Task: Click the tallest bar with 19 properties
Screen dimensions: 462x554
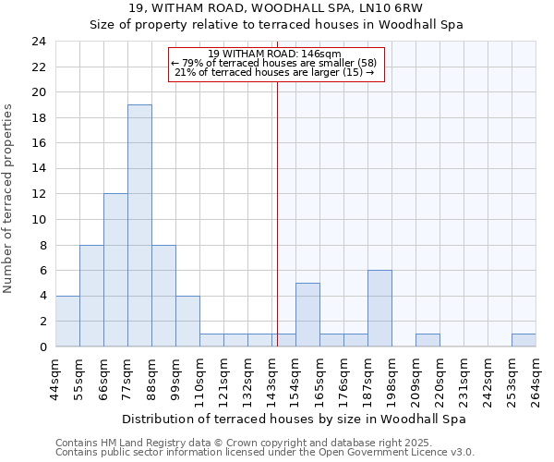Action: [x=139, y=225]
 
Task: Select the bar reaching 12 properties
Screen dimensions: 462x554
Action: [x=115, y=270]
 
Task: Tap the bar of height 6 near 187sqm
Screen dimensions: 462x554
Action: [x=379, y=309]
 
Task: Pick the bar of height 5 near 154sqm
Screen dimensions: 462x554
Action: [x=307, y=315]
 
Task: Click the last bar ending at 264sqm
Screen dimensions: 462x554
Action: [x=524, y=340]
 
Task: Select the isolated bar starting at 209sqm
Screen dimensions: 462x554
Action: [x=428, y=340]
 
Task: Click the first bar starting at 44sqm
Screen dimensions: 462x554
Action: [x=67, y=322]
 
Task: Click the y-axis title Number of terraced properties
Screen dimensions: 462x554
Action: [x=8, y=198]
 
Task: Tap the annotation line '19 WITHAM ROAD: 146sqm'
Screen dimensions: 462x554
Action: [x=274, y=54]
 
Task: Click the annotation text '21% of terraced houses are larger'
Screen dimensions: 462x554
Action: [x=274, y=72]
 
